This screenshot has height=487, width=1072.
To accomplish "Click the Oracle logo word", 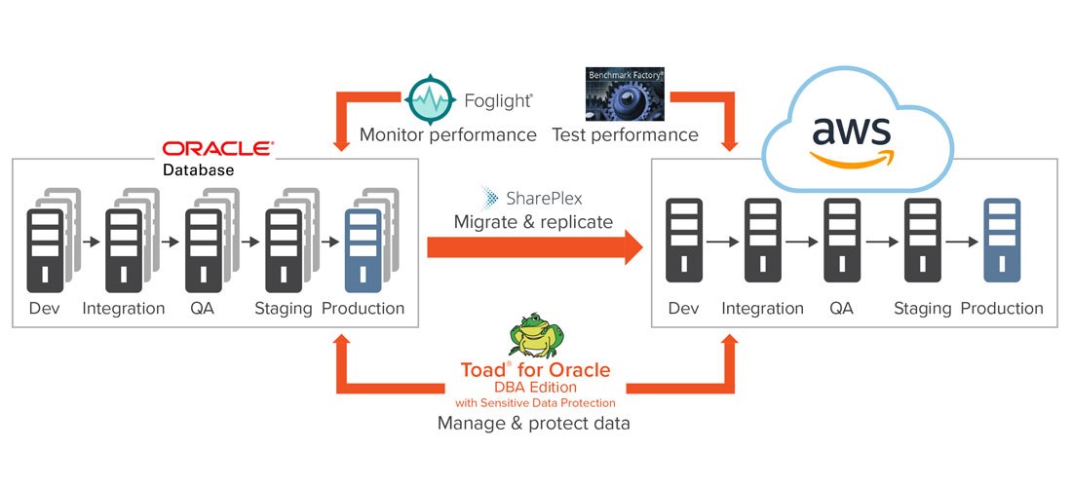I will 217,149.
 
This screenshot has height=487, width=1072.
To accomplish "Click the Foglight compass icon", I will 429,98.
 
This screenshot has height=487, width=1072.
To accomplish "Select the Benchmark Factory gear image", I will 624,94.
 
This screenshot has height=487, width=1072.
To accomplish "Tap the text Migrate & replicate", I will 533,222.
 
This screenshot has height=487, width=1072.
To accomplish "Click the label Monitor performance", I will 447,134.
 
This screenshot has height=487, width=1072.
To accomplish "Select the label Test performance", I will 625,134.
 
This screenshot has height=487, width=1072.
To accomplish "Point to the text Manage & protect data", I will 533,423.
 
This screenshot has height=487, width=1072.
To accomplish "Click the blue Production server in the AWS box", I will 1001,242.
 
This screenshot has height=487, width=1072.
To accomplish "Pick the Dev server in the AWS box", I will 683,242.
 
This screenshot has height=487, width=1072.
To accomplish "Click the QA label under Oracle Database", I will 203,309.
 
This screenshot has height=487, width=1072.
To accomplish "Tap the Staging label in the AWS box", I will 922,309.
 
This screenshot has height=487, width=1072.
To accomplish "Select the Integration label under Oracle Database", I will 124,309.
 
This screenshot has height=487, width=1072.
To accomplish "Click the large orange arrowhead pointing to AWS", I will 631,247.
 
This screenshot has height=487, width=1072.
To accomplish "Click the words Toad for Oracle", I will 535,370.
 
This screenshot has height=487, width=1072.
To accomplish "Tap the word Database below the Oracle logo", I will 198,169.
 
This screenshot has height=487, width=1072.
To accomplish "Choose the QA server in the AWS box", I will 842,242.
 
